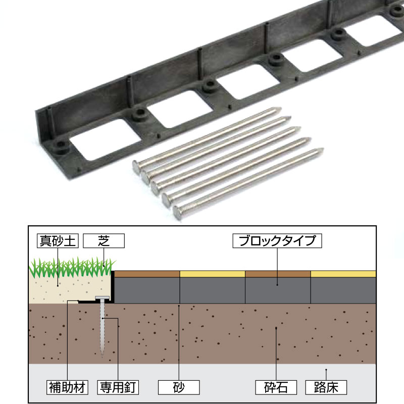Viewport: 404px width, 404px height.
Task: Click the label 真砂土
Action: pyautogui.click(x=57, y=241)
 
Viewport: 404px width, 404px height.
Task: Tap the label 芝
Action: pyautogui.click(x=104, y=241)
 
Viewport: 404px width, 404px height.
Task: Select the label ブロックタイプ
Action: pyautogui.click(x=277, y=241)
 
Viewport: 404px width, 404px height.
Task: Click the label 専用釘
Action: pyautogui.click(x=118, y=387)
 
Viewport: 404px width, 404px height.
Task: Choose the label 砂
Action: pyautogui.click(x=179, y=387)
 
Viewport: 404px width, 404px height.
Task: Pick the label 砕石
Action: pyautogui.click(x=276, y=387)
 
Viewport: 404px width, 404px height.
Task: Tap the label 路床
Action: pyautogui.click(x=326, y=387)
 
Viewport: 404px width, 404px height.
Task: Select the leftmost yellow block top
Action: pyautogui.click(x=213, y=274)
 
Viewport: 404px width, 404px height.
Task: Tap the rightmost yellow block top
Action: pyautogui.click(x=343, y=274)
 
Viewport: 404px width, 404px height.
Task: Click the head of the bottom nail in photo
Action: pyautogui.click(x=178, y=213)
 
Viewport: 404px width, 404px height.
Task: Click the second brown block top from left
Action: pyautogui.click(x=278, y=274)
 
